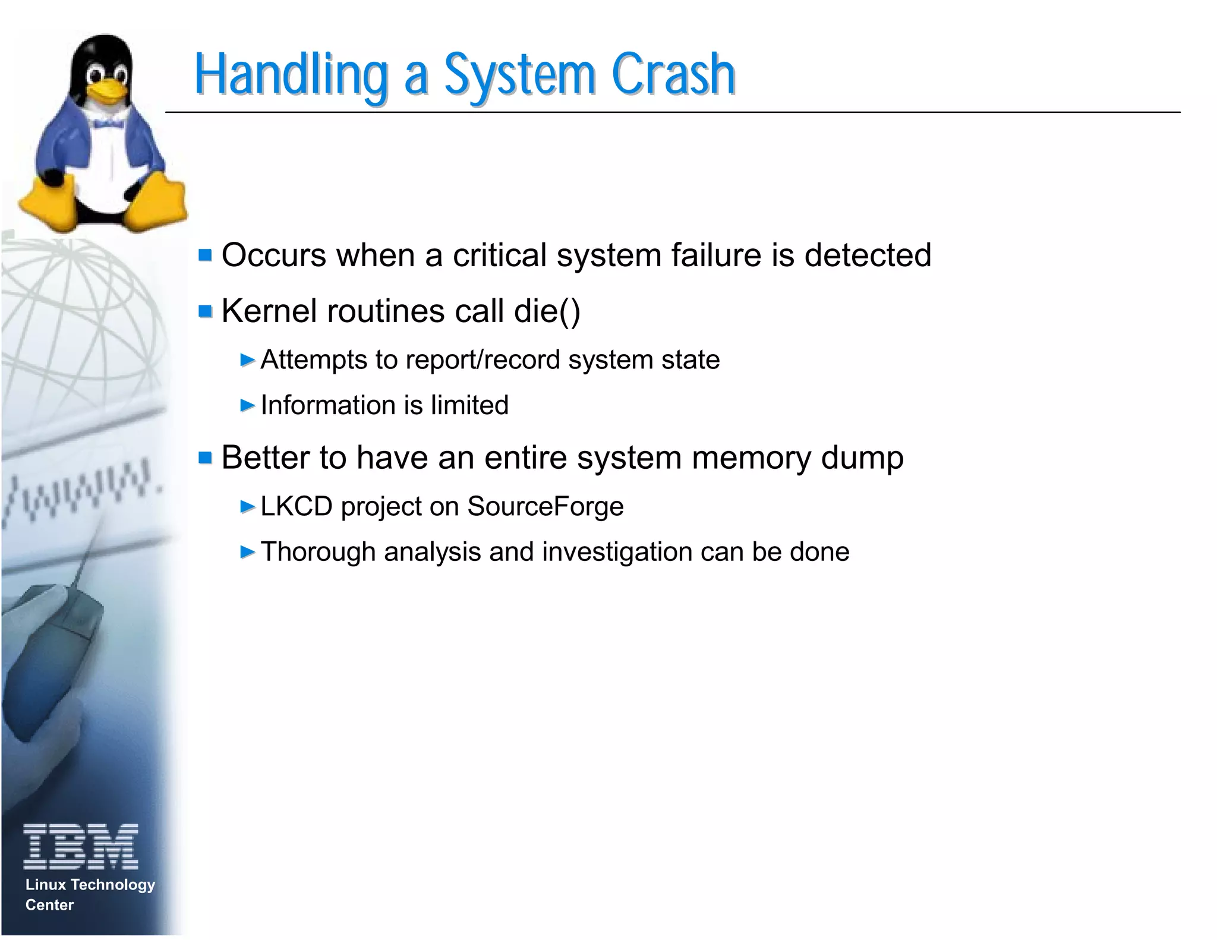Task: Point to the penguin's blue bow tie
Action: click(107, 122)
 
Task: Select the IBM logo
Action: click(81, 846)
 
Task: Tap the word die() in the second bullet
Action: click(547, 311)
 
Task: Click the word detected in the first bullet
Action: click(867, 255)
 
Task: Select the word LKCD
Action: click(296, 506)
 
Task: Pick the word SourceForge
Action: click(545, 506)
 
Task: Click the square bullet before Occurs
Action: click(206, 255)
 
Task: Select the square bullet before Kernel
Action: click(206, 311)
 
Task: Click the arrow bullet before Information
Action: click(247, 405)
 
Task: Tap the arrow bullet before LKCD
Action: click(247, 506)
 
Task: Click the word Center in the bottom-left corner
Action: click(49, 905)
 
